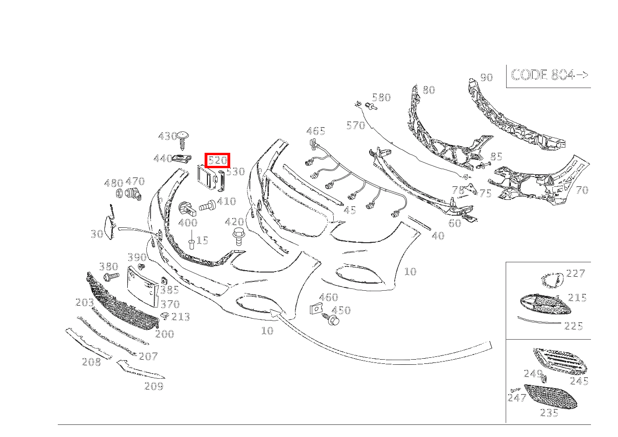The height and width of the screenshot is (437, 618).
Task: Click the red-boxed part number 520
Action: click(218, 161)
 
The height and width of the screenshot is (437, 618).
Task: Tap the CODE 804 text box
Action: click(549, 75)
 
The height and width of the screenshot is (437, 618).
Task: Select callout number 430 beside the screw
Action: click(167, 137)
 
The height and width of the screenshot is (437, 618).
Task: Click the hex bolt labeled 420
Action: click(238, 236)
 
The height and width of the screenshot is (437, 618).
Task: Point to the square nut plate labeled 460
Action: click(316, 309)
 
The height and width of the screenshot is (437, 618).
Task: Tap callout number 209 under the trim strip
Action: click(154, 386)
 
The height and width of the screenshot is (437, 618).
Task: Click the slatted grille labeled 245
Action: click(559, 361)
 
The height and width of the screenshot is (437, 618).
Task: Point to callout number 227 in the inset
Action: click(575, 273)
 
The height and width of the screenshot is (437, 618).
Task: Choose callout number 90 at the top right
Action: click(486, 77)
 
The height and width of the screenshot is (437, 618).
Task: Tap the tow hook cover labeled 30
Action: click(110, 226)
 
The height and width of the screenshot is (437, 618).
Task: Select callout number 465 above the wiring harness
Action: click(316, 131)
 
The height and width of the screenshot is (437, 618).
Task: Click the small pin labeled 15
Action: click(192, 243)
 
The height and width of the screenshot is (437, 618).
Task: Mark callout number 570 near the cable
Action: click(356, 125)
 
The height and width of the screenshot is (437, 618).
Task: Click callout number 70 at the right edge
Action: click(582, 190)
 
